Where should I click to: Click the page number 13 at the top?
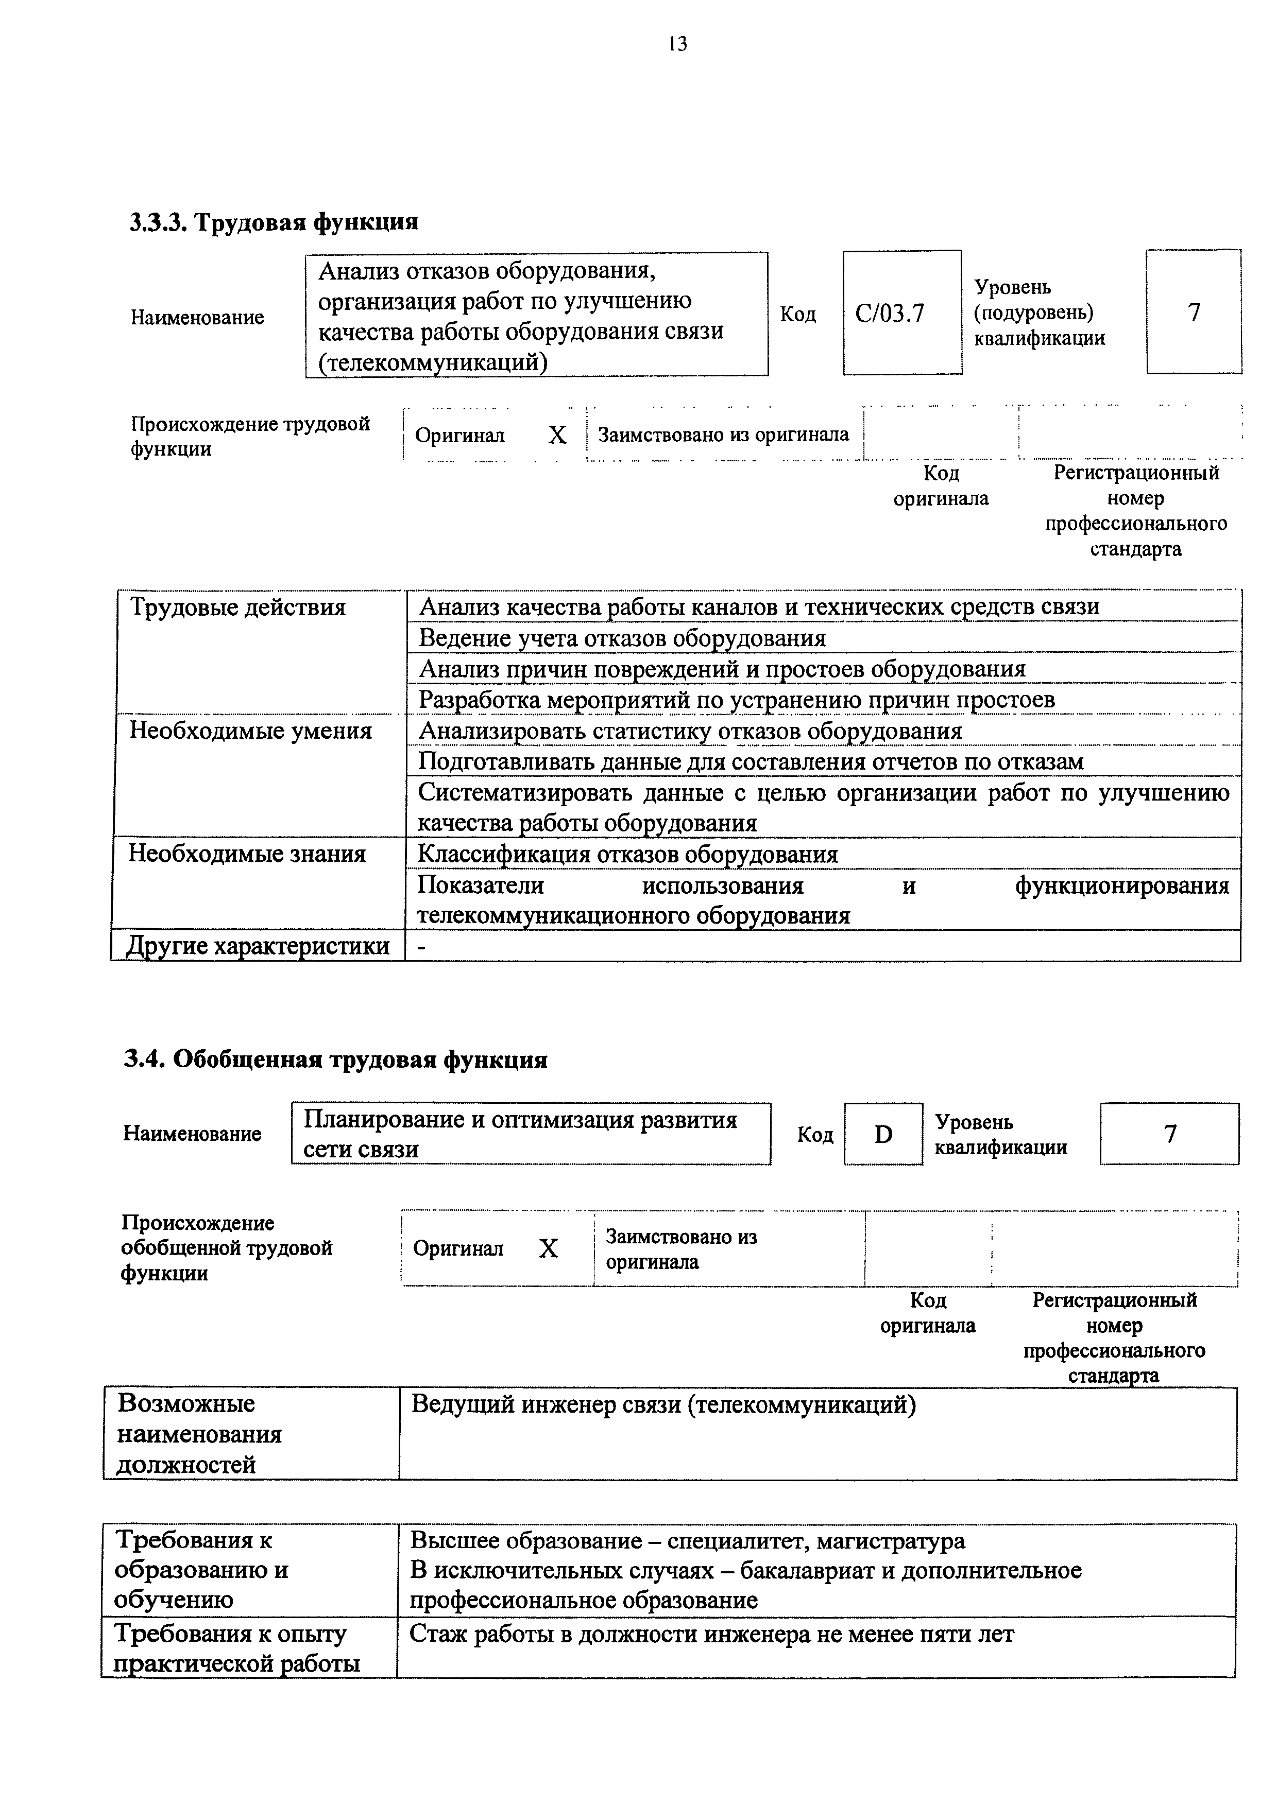click(677, 44)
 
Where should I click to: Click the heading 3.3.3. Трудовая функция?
click(274, 222)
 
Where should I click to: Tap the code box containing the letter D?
click(883, 1134)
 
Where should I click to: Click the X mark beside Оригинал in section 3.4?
click(549, 1248)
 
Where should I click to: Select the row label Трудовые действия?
click(237, 607)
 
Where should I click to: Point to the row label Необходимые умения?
click(250, 731)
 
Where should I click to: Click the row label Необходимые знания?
click(247, 854)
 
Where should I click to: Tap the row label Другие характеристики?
click(258, 946)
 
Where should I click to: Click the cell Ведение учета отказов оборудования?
click(622, 638)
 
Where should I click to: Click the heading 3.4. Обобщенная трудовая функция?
click(336, 1061)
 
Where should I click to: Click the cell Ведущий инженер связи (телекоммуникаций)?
click(663, 1405)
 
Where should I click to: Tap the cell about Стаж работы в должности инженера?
click(711, 1635)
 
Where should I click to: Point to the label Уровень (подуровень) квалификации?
click(1038, 313)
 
